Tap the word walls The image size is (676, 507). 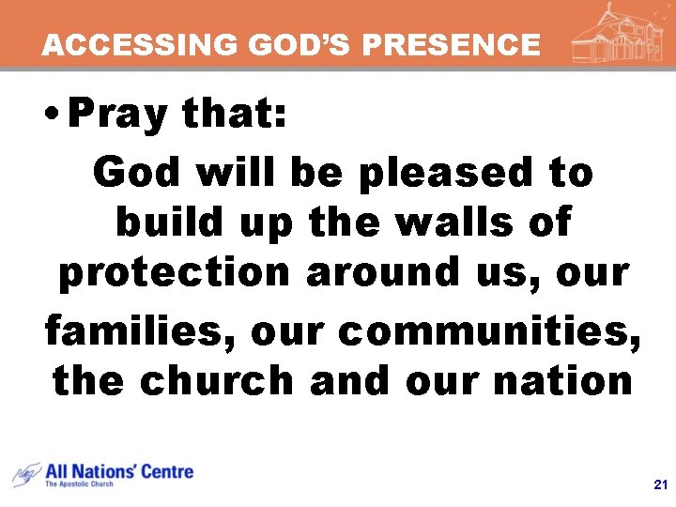[445, 223]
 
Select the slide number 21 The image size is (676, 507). [658, 485]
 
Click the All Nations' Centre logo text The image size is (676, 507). [119, 470]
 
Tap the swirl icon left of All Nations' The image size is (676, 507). [25, 473]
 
